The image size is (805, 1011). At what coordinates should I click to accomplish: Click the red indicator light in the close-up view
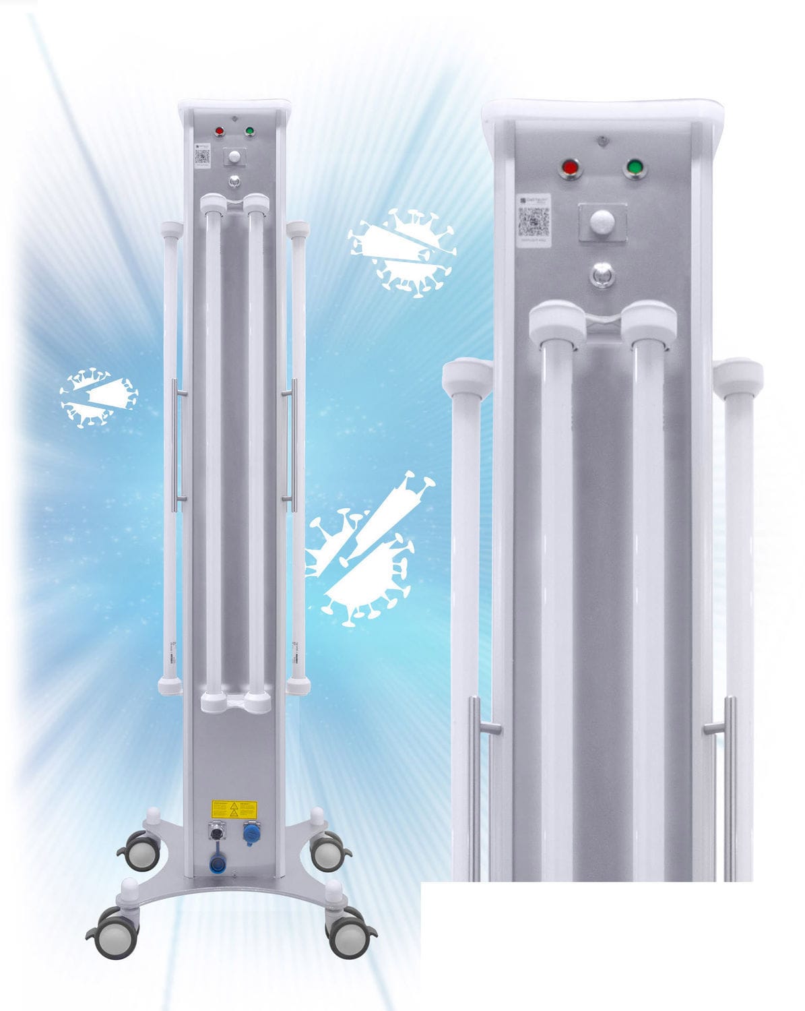[571, 168]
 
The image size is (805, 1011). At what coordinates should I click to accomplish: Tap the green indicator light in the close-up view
[635, 168]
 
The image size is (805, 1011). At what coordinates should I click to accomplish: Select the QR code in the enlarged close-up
[534, 220]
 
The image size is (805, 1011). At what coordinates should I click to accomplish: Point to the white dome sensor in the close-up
[602, 222]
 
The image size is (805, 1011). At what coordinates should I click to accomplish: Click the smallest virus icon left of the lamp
[98, 398]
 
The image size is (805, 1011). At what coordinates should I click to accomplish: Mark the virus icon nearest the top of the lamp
[402, 253]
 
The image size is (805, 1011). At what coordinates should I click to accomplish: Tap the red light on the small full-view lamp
[219, 131]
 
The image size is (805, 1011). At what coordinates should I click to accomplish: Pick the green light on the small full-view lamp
[250, 131]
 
